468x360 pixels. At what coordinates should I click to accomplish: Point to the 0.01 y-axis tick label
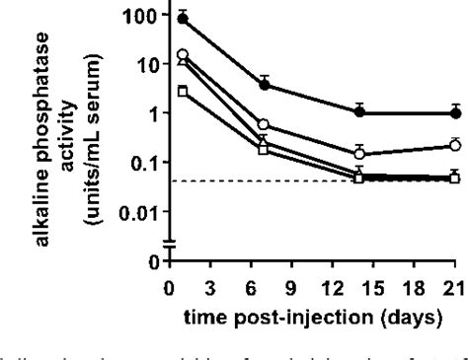[136, 211]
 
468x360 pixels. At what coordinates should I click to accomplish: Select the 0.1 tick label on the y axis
[142, 163]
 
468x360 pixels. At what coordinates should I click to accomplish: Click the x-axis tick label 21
[454, 291]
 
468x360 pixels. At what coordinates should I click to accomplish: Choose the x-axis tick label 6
[264, 291]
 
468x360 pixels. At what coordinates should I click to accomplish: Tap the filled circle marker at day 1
[182, 19]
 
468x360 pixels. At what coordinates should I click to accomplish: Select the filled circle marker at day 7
[264, 85]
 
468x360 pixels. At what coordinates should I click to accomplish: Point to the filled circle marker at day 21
[454, 112]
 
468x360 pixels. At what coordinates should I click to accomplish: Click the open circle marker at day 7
[264, 125]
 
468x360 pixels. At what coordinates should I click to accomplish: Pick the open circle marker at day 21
[454, 145]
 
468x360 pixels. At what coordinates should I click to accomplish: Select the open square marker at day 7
[264, 149]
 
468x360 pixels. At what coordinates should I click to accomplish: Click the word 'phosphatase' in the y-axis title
[48, 128]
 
